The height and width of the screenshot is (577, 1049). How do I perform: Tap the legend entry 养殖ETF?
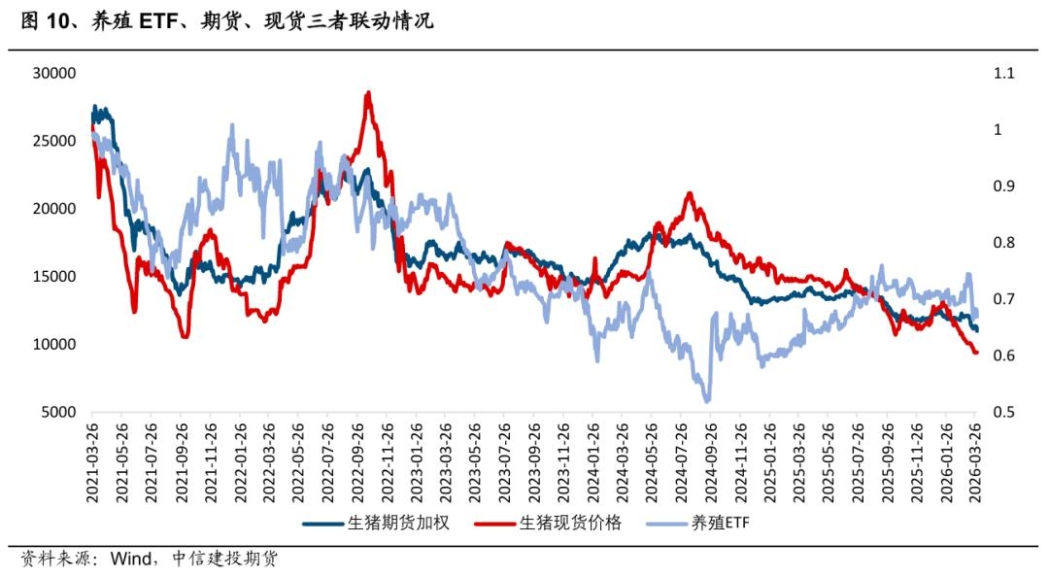click(x=720, y=524)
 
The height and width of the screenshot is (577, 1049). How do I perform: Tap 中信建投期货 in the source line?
click(x=223, y=559)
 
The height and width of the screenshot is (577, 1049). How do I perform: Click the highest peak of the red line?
click(x=368, y=92)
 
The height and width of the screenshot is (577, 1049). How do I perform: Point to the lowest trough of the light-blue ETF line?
click(x=706, y=400)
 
